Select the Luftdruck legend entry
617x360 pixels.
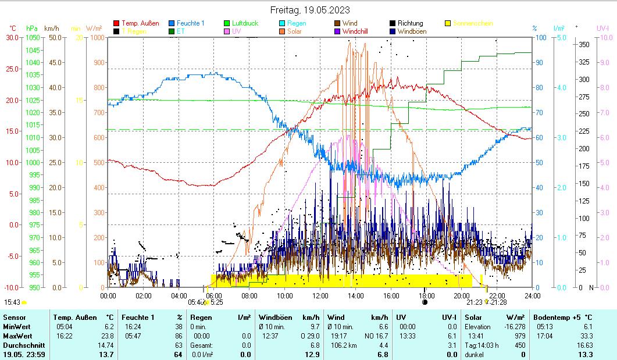click(x=245, y=23)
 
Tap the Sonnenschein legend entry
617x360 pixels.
click(x=473, y=23)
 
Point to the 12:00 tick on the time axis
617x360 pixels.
click(x=320, y=295)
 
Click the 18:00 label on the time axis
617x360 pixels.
click(x=426, y=295)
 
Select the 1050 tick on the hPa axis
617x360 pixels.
click(x=33, y=37)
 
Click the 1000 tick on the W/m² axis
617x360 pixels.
click(x=97, y=37)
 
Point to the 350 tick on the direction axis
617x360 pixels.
click(x=584, y=44)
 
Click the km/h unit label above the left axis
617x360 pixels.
click(x=51, y=28)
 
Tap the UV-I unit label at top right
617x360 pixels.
click(x=602, y=28)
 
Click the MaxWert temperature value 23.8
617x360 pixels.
click(x=108, y=336)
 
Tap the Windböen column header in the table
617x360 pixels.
click(x=275, y=317)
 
